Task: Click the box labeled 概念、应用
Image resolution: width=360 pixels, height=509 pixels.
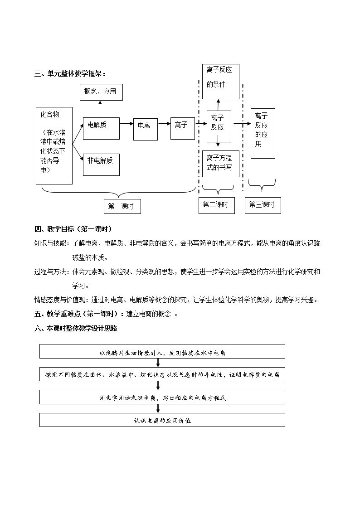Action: (101, 92)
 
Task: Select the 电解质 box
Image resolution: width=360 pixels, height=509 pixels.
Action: (101, 128)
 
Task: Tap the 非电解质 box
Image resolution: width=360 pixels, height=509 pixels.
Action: (101, 165)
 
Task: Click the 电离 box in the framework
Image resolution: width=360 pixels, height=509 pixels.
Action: (146, 129)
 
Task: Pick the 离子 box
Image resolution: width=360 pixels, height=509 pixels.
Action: (183, 129)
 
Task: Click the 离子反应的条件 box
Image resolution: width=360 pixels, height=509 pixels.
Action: (221, 82)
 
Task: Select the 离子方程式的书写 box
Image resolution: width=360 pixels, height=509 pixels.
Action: (221, 164)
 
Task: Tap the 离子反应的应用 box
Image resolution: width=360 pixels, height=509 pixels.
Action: (263, 133)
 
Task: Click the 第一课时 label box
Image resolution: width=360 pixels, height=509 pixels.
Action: (122, 206)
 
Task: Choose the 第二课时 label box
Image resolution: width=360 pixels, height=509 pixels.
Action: (217, 205)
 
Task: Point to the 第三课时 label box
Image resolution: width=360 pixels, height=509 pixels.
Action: (263, 205)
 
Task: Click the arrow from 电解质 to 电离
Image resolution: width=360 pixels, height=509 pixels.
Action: (126, 123)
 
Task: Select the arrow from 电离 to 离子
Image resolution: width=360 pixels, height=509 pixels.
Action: (164, 123)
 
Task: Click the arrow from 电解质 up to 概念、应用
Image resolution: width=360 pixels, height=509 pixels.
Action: (100, 109)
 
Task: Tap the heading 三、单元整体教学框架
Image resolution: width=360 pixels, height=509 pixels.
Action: (70, 74)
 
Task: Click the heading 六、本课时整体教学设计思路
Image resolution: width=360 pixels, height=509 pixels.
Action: (76, 328)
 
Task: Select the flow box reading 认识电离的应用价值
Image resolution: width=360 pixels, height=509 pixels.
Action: (162, 420)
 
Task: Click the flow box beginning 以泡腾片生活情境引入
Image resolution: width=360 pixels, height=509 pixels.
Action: (162, 351)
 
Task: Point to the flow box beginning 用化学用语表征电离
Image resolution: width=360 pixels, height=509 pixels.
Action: (162, 397)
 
